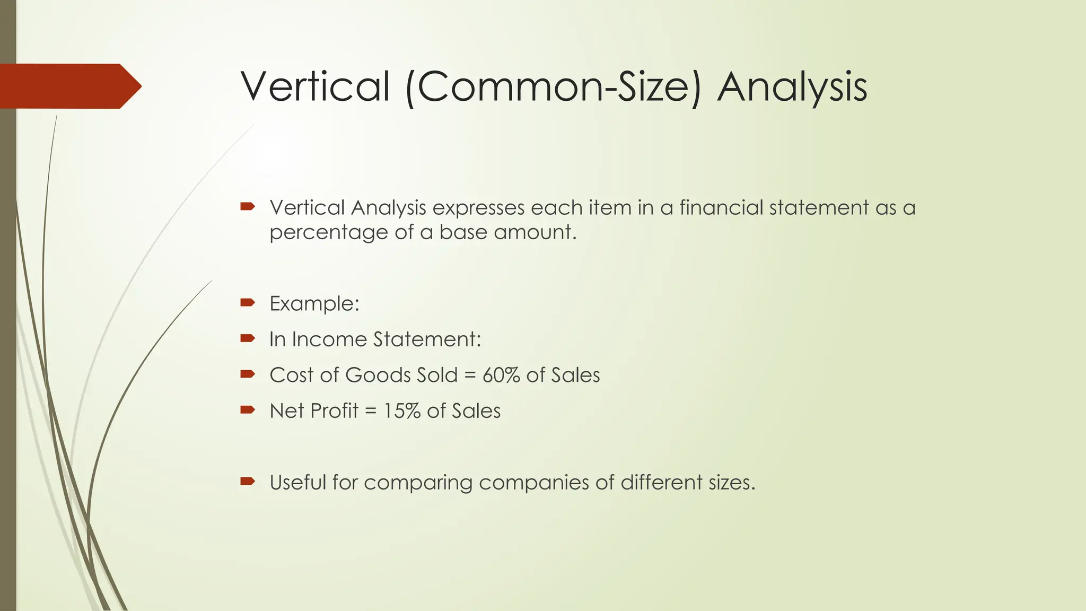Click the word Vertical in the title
tap(316, 86)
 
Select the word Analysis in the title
tap(792, 88)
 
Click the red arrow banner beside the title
tap(69, 86)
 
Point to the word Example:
tap(314, 304)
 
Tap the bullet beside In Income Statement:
tap(248, 338)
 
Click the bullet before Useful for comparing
tap(248, 482)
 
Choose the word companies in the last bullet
tap(546, 483)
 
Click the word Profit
tap(335, 411)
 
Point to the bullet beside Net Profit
tap(248, 409)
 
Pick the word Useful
tap(297, 483)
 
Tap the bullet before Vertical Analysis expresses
tap(248, 206)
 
